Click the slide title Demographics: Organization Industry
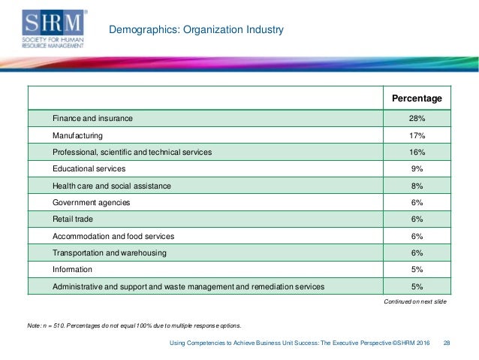[x=196, y=31]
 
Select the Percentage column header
[x=417, y=98]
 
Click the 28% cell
[x=417, y=119]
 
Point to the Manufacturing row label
[x=78, y=135]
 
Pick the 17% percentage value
[x=417, y=135]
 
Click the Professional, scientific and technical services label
[x=132, y=152]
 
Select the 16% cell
[x=417, y=152]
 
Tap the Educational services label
[x=89, y=169]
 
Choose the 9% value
[x=417, y=169]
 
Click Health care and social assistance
[x=112, y=186]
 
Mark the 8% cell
[x=417, y=186]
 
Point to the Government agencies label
[x=92, y=202]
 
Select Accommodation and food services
[x=110, y=235]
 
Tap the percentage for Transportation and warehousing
[x=417, y=253]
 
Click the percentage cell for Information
[x=417, y=269]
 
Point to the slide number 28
[x=447, y=343]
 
